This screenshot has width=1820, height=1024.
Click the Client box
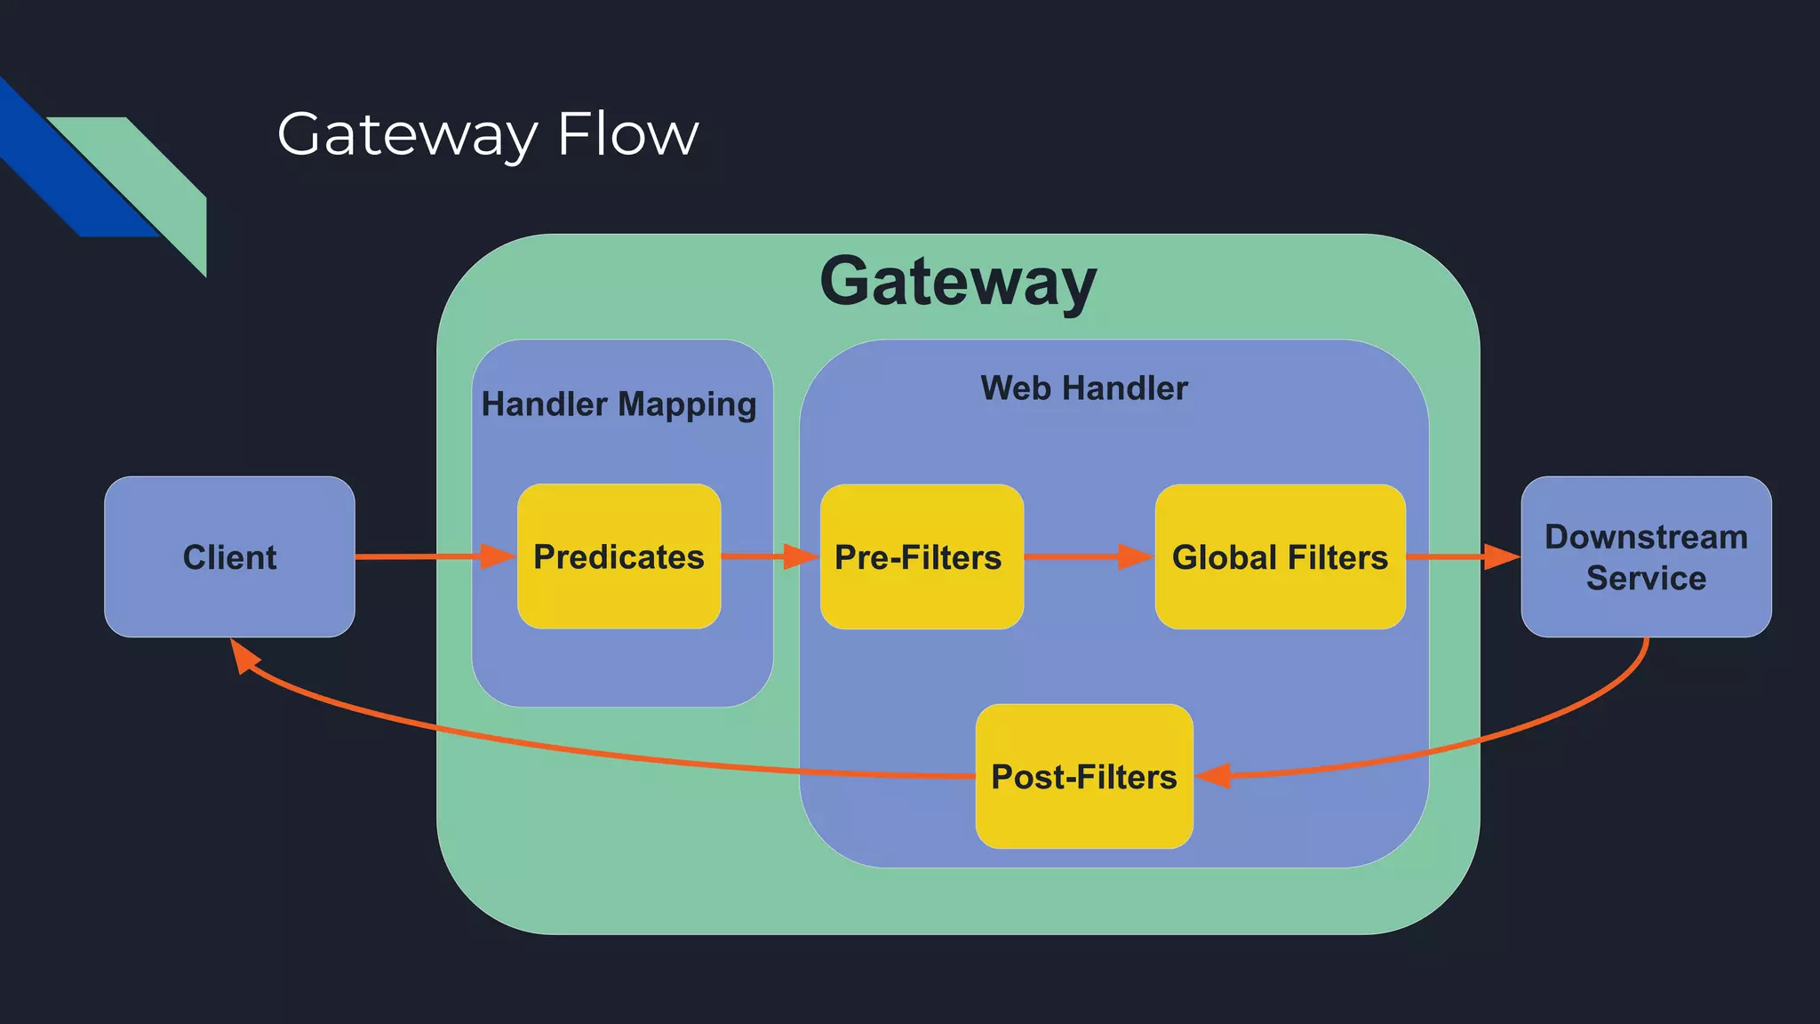point(229,556)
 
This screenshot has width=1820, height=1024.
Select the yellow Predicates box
point(619,556)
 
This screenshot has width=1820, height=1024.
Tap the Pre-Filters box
point(921,556)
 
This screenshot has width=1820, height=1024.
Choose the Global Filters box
point(1280,556)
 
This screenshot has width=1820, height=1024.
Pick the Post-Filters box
point(1083,776)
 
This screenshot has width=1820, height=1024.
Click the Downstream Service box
point(1646,556)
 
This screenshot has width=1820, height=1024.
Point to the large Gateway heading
point(958,282)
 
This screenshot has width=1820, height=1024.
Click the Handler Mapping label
point(619,404)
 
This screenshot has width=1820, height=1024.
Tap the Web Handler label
point(1083,388)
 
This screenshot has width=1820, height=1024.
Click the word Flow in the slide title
point(627,135)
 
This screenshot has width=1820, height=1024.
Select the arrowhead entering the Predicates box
point(498,556)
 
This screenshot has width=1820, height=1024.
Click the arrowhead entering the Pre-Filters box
point(801,556)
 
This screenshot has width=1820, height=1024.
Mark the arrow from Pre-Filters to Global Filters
point(1089,556)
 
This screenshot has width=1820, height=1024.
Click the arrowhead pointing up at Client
point(243,655)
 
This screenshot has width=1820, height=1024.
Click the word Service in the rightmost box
point(1646,579)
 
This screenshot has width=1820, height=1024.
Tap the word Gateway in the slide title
point(407,135)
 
